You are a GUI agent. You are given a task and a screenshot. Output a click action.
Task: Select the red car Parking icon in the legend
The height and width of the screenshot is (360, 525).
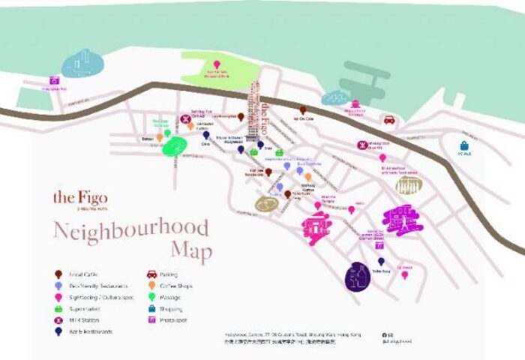151,274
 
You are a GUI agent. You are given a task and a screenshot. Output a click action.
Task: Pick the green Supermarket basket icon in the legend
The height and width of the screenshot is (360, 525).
58,308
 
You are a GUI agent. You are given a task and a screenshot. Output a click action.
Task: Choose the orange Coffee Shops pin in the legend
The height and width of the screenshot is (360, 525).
151,286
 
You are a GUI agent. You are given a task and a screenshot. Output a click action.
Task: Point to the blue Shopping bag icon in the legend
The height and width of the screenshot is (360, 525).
151,308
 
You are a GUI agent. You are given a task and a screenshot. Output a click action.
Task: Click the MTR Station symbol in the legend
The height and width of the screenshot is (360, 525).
58,319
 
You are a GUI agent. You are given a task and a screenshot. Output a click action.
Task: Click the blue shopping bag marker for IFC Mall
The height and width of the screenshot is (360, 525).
465,145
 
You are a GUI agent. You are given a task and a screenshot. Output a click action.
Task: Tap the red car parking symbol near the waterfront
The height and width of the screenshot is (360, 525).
389,119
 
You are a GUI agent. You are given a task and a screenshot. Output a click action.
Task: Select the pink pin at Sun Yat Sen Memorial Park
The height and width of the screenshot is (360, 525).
217,64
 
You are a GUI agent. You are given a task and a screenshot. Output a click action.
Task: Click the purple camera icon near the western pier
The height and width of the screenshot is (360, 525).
54,79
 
